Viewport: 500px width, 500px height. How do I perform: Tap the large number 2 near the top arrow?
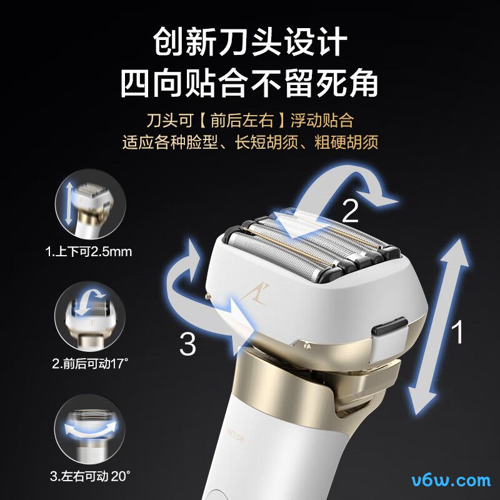pyautogui.click(x=351, y=212)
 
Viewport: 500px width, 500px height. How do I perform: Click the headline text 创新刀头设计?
pyautogui.click(x=250, y=42)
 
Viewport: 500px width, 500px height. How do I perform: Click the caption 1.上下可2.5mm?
pyautogui.click(x=89, y=252)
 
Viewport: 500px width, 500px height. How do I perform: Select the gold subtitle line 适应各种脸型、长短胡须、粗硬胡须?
pyautogui.click(x=250, y=142)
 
